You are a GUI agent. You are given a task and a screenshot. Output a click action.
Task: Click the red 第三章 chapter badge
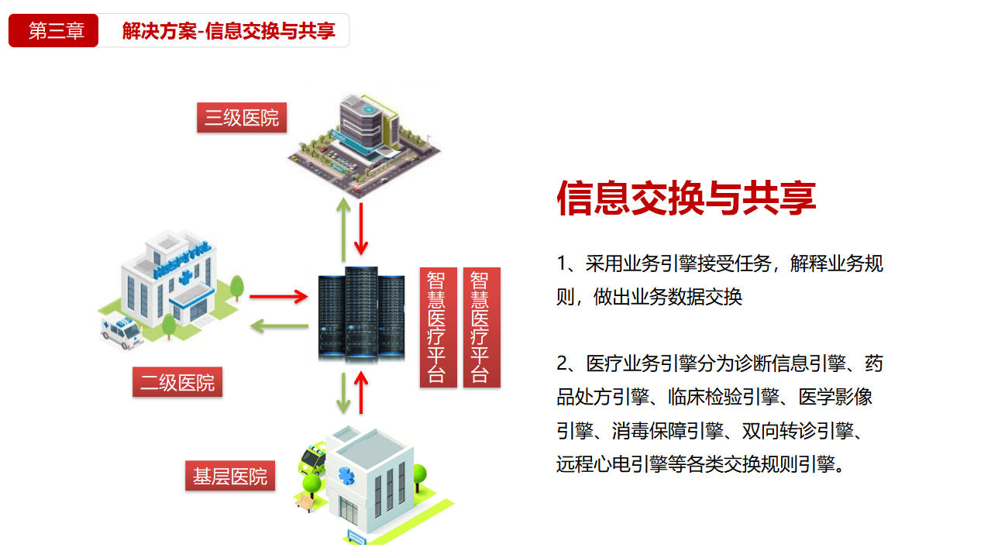(x=53, y=31)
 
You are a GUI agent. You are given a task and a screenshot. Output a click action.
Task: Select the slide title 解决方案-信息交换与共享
(x=229, y=31)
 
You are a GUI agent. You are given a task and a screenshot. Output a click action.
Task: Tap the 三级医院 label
(x=242, y=118)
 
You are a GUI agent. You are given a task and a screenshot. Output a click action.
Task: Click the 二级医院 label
(x=177, y=382)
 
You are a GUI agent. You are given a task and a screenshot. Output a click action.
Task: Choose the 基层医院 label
(x=230, y=476)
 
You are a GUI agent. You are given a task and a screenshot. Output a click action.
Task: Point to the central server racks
(x=362, y=314)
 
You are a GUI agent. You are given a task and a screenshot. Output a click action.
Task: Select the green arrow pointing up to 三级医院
(x=342, y=229)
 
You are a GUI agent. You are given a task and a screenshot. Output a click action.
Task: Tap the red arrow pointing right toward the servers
(x=279, y=296)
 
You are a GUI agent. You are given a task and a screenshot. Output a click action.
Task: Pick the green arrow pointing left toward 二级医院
(x=279, y=325)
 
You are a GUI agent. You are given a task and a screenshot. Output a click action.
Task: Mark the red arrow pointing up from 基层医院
(x=360, y=393)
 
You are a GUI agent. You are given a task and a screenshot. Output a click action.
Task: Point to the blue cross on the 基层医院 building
(x=343, y=474)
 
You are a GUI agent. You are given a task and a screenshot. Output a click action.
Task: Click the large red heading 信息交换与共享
(x=686, y=198)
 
